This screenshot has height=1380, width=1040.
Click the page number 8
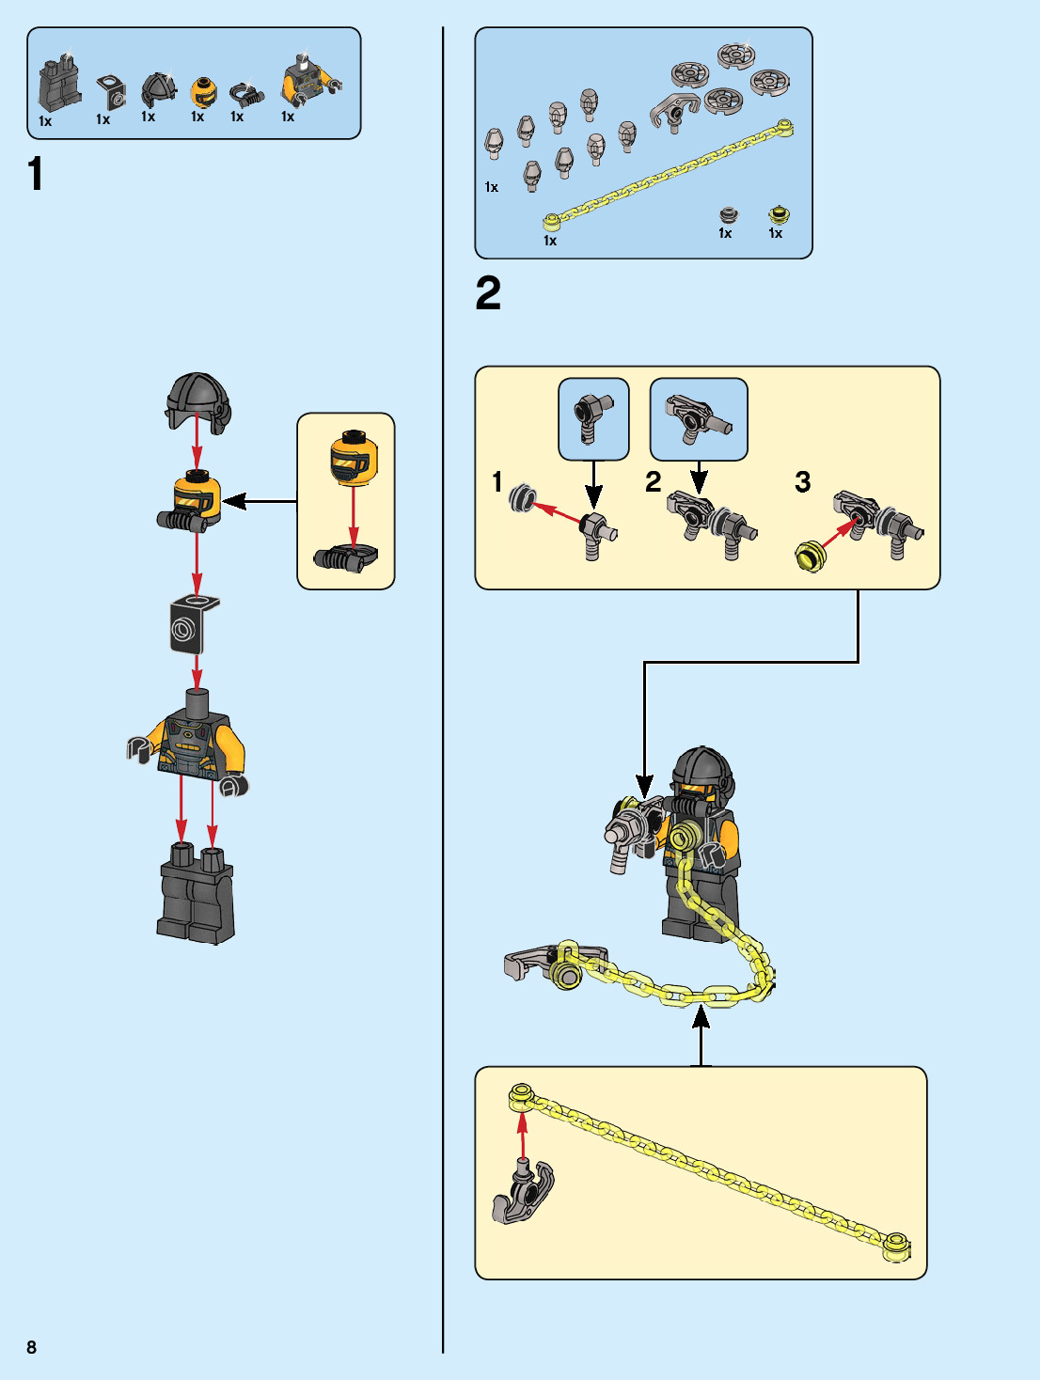[x=31, y=1347]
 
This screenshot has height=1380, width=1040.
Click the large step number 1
[x=36, y=175]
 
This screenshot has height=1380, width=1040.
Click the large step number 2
[x=488, y=293]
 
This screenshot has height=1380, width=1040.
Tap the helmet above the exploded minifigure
[x=197, y=401]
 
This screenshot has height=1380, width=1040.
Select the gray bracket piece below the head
[x=192, y=624]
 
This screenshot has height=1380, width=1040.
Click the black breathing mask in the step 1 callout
[x=345, y=558]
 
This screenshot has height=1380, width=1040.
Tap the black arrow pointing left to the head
[x=258, y=501]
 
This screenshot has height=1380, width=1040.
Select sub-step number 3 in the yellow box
[x=802, y=482]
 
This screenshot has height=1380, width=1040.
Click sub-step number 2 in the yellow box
[x=653, y=482]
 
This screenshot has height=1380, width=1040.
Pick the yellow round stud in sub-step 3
[x=810, y=556]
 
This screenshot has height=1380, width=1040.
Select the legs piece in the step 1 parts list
[x=59, y=86]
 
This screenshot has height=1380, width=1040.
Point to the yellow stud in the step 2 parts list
[x=779, y=215]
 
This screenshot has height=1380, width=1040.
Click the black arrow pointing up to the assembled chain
[x=701, y=1034]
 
